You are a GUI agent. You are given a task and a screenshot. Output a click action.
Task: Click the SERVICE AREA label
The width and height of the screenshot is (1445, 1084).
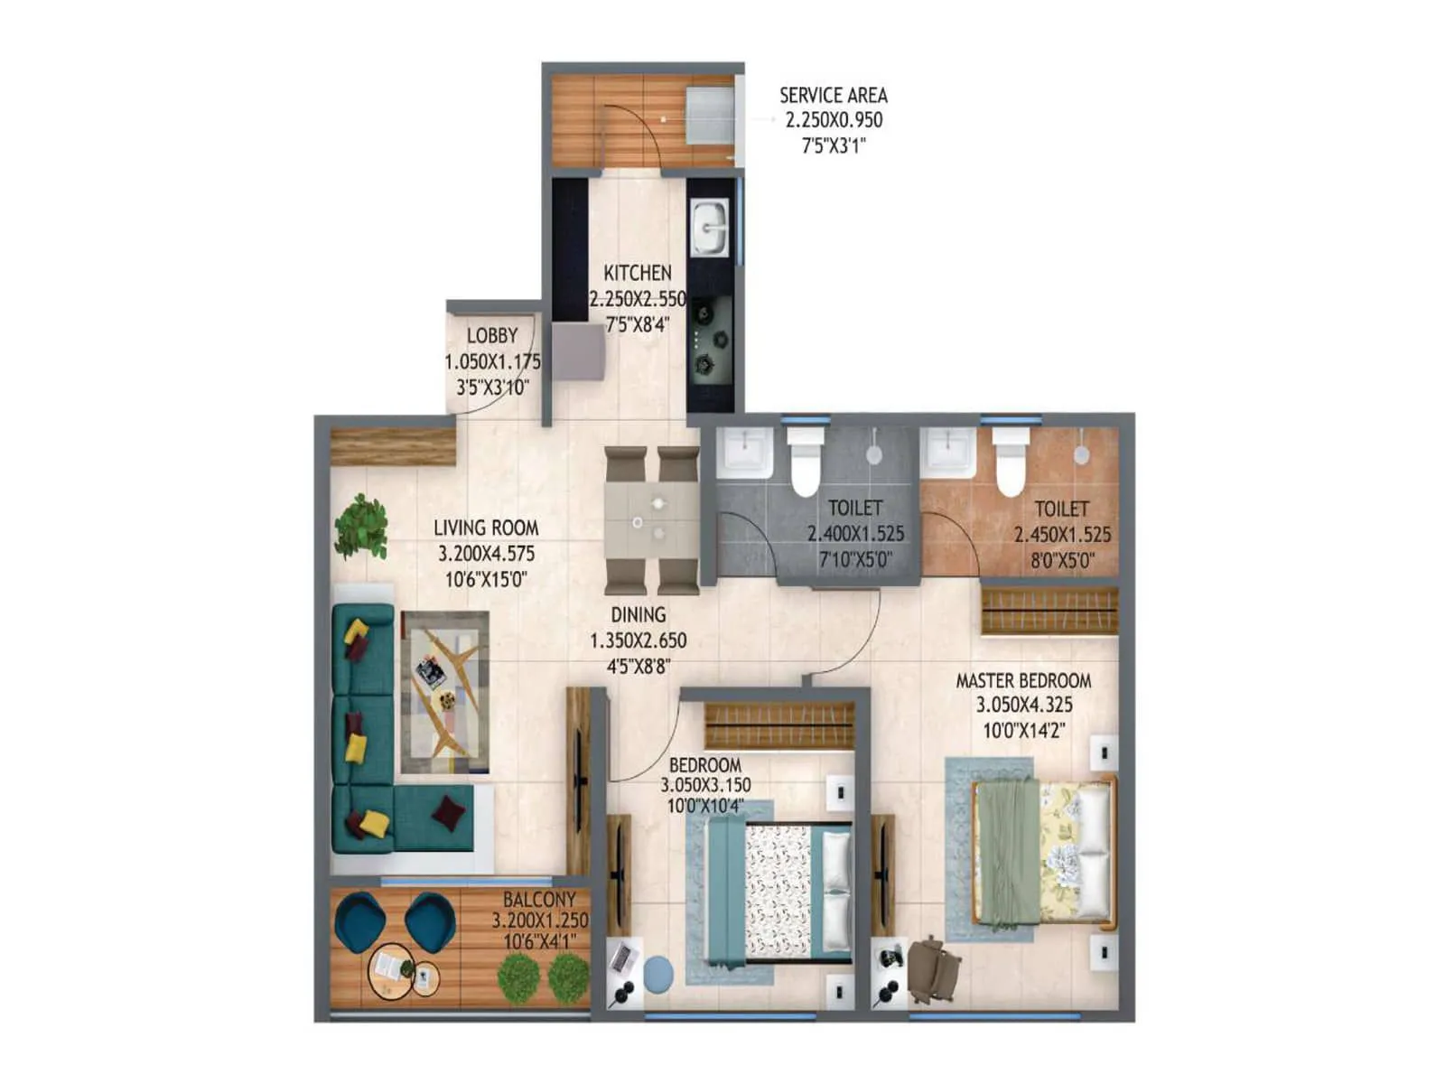(833, 96)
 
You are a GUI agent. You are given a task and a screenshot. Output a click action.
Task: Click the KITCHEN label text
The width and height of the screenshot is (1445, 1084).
(638, 273)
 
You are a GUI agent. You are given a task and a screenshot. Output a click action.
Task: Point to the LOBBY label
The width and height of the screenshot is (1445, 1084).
(492, 336)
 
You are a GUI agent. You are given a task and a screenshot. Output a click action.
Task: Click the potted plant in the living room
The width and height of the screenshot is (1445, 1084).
(361, 526)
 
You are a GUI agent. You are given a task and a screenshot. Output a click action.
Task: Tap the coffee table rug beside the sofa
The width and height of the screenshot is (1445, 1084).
(445, 691)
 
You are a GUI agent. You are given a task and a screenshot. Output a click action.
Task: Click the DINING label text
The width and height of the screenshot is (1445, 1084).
(639, 615)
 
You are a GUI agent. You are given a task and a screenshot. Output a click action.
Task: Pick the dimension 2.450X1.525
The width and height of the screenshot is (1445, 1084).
(1062, 535)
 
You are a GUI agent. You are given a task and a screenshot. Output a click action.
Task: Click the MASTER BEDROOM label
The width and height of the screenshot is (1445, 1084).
(1023, 681)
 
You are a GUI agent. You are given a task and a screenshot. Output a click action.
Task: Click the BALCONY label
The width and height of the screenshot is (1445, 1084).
(539, 900)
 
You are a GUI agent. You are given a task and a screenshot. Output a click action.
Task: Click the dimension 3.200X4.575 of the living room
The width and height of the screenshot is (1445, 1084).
(486, 554)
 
